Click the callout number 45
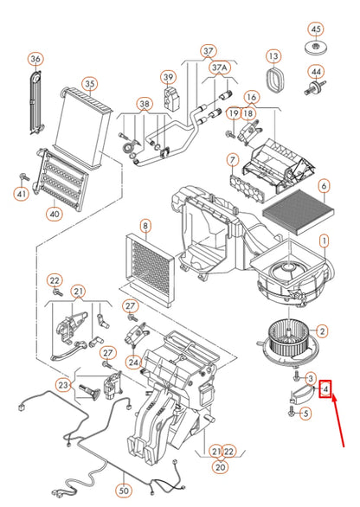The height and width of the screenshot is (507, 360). point(316,29)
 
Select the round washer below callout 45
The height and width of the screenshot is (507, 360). point(316,48)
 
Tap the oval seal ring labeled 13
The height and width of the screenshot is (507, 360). point(276,80)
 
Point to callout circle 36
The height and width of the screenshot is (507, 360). point(35,59)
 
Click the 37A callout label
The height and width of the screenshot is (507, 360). point(220,68)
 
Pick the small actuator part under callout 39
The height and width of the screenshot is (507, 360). point(170,99)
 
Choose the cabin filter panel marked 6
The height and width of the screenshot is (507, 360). point(299,212)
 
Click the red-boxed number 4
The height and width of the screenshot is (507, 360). point(325,388)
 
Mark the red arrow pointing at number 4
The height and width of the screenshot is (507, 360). point(338,421)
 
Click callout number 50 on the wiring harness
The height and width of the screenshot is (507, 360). point(124,491)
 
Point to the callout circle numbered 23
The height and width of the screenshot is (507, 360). point(63,385)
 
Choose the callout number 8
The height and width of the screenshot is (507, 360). point(145,225)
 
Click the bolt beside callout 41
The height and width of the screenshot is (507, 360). point(24,176)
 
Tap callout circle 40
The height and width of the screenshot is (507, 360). point(55,214)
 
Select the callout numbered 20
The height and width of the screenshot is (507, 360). point(220,467)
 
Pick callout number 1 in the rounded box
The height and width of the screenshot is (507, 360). point(325,241)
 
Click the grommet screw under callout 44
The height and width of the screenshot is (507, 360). point(315,87)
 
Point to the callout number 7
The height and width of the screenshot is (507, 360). point(233,160)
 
